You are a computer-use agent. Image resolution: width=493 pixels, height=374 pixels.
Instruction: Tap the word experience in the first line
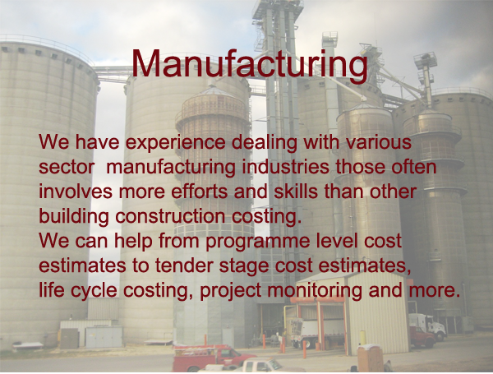tap(176, 143)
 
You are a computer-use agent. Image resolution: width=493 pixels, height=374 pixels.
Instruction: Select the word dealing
tap(265, 143)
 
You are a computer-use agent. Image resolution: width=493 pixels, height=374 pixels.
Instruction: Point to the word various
tap(379, 142)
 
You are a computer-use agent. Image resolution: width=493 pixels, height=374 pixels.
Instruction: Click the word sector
tap(67, 168)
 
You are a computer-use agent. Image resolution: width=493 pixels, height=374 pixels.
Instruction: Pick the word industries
tap(285, 167)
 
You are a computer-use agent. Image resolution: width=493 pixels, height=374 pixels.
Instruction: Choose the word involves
tap(76, 192)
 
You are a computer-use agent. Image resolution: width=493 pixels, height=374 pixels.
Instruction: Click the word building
tap(74, 217)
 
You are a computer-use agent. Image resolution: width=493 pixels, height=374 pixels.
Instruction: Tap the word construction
tap(170, 216)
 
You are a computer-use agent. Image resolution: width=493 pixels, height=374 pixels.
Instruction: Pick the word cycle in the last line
tap(94, 291)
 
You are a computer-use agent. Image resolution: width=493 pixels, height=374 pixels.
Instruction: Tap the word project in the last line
tap(230, 291)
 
